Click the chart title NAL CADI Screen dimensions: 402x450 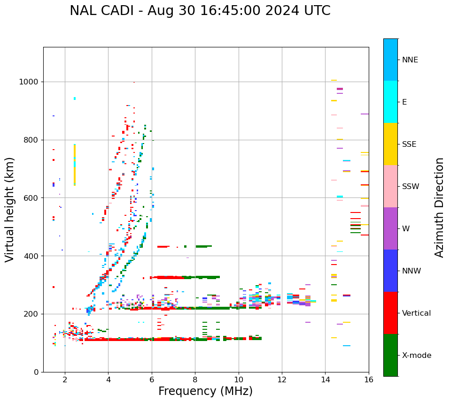pyautogui.click(x=200, y=11)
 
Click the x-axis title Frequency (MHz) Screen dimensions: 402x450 pyautogui.click(x=205, y=391)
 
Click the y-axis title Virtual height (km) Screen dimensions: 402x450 pyautogui.click(x=10, y=209)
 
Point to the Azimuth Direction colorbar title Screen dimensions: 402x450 pyautogui.click(x=439, y=207)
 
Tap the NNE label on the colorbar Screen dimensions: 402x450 pyautogui.click(x=410, y=60)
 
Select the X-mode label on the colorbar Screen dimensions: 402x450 pyautogui.click(x=416, y=356)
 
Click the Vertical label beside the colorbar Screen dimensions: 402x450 pyautogui.click(x=416, y=313)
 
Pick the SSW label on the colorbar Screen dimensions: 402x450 pyautogui.click(x=411, y=187)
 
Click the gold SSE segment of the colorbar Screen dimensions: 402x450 pyautogui.click(x=390, y=144)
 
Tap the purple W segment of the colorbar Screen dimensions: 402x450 pyautogui.click(x=390, y=228)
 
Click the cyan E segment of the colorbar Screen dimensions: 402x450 pyautogui.click(x=390, y=102)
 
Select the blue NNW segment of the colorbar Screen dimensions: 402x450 pyautogui.click(x=390, y=271)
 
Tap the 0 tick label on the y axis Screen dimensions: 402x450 pyautogui.click(x=36, y=372)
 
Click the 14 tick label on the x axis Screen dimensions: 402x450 pyautogui.click(x=325, y=379)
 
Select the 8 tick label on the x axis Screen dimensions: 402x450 pyautogui.click(x=195, y=379)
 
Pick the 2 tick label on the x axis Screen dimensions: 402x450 pyautogui.click(x=65, y=379)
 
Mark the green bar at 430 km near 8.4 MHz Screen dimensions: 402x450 pyautogui.click(x=203, y=246)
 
